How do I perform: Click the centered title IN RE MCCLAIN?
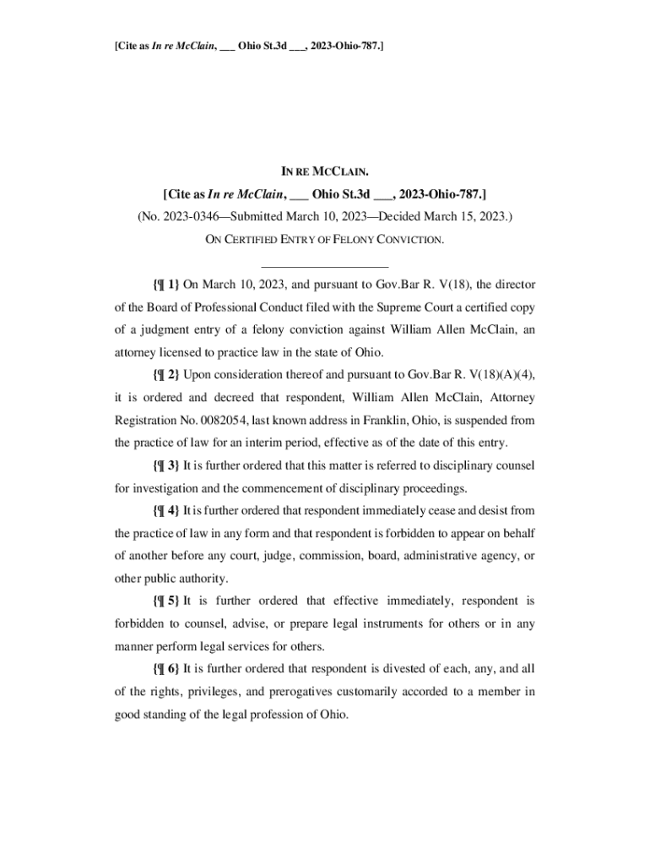click(x=325, y=171)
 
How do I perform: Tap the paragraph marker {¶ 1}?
click(x=165, y=285)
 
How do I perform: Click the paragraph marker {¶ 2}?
click(x=165, y=374)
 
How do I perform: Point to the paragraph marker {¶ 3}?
click(x=165, y=465)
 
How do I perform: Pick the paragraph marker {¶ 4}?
click(x=165, y=511)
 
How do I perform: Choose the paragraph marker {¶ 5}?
click(x=165, y=601)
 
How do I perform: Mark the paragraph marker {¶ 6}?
click(x=165, y=669)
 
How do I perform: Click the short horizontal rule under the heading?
click(x=325, y=266)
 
